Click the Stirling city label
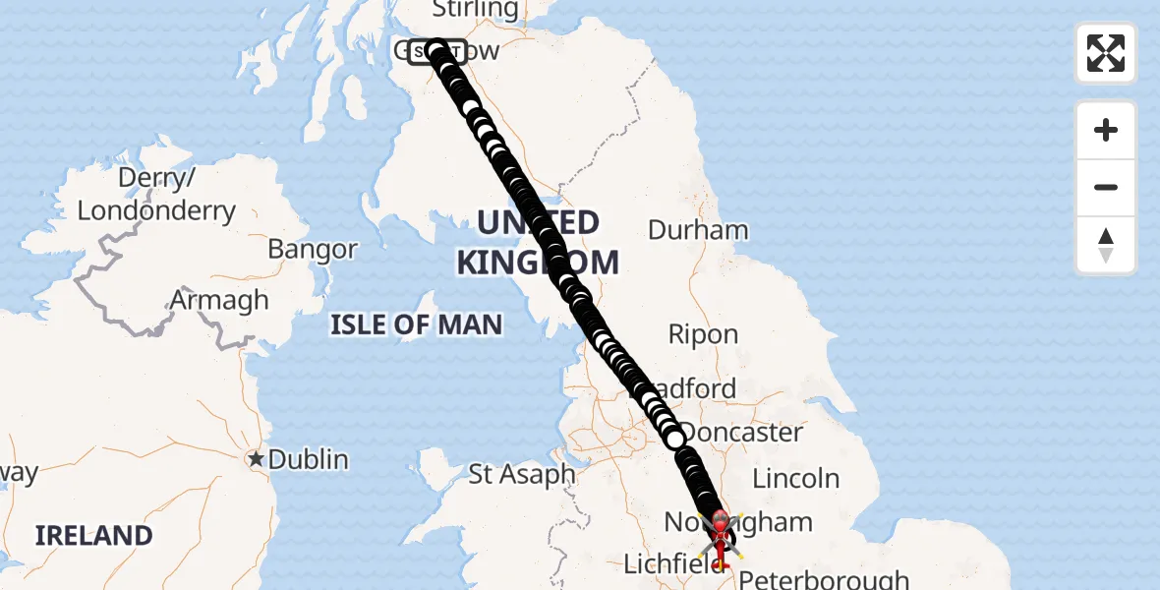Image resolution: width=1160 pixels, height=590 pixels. coord(475,10)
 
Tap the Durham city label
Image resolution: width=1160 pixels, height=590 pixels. coord(698,230)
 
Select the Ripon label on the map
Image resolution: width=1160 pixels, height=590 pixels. coord(703,334)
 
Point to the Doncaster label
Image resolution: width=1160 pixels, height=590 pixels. coord(742,433)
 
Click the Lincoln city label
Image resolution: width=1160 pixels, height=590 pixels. coord(796,479)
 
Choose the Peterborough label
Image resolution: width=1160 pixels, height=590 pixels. coord(824,579)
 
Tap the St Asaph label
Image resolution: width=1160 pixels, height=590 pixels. coord(521,474)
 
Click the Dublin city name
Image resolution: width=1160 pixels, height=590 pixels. coord(309,459)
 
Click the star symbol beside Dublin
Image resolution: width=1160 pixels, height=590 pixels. coord(257,459)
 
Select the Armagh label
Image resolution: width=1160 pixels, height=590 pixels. coord(219,300)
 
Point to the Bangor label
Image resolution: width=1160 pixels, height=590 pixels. coord(313,250)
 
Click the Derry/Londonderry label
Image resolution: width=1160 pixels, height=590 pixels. coord(156,195)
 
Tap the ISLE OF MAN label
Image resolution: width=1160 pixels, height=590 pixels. coord(416,324)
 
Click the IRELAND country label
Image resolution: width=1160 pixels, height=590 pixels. coord(94,536)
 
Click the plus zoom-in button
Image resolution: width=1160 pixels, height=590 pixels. coord(1106,130)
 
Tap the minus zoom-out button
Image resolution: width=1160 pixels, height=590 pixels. coord(1106,187)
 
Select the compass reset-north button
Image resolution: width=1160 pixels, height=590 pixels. coord(1106,245)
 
